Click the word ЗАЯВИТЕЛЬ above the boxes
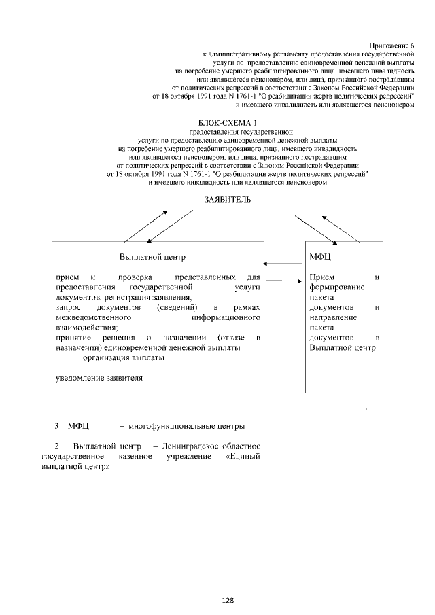[x=228, y=199]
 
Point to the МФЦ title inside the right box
[x=320, y=258]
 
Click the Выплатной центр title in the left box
[x=152, y=258]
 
